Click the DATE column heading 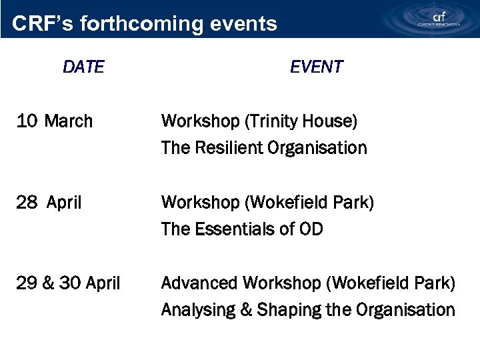pos(83,67)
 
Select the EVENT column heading pos(316,67)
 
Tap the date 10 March pos(55,121)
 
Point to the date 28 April pos(49,203)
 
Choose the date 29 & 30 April pos(68,283)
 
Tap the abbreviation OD pos(311,229)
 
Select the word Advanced pos(199,283)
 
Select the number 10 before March pos(27,121)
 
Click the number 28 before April pos(27,203)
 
